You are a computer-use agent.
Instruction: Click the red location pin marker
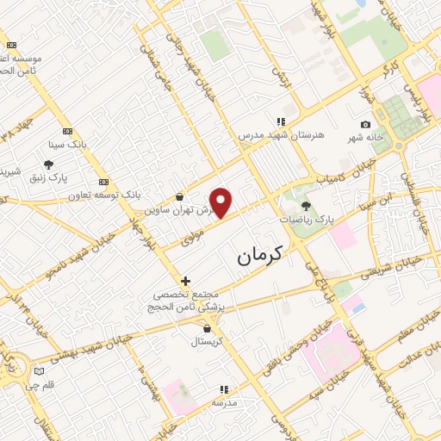[221, 202]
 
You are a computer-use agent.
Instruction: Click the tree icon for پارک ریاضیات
[306, 206]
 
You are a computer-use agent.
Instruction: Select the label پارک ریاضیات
[306, 220]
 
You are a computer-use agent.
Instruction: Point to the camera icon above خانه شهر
[365, 126]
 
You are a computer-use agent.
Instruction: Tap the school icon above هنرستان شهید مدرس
[280, 121]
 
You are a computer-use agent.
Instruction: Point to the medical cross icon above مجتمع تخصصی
[185, 281]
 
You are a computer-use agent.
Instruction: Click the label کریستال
[207, 342]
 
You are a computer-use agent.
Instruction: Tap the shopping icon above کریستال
[207, 328]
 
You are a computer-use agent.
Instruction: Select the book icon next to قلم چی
[37, 371]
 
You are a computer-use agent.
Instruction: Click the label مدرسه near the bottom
[224, 402]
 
